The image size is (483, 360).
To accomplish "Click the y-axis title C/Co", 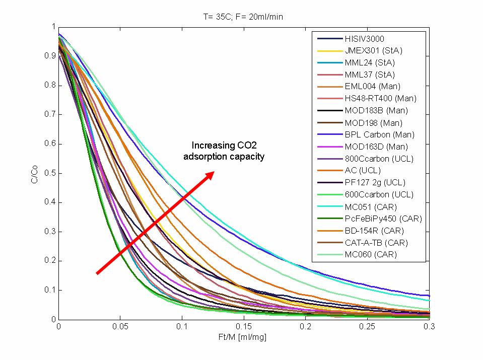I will (34, 173).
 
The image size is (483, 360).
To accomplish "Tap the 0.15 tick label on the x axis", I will (244, 327).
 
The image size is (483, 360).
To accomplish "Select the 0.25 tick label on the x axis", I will (367, 327).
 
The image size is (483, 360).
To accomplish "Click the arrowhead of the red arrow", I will (211, 174).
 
